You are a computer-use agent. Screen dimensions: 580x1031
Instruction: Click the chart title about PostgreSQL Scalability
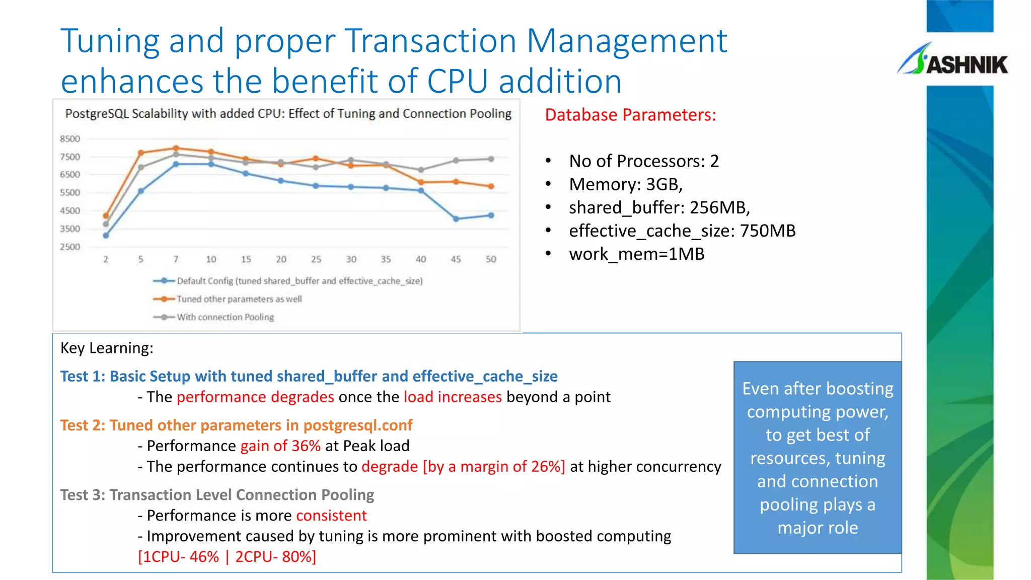click(x=288, y=114)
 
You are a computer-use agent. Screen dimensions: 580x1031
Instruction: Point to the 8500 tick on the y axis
click(x=70, y=139)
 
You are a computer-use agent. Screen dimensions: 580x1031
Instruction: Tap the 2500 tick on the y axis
click(x=70, y=247)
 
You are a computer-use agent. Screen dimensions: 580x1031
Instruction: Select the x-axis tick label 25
click(x=316, y=259)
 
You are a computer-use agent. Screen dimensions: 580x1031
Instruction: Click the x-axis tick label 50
click(x=491, y=259)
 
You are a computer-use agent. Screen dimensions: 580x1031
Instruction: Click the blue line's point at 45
click(x=456, y=219)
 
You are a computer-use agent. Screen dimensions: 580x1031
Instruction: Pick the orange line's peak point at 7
click(x=176, y=149)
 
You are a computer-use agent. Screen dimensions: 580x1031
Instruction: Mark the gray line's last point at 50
click(x=491, y=159)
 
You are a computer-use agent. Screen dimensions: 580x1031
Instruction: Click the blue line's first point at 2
click(x=106, y=235)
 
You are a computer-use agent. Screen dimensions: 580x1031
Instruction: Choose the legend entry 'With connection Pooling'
click(x=225, y=317)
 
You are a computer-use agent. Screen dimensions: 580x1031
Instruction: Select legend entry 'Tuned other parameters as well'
click(x=239, y=299)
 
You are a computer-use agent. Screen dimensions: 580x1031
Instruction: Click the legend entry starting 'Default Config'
click(x=299, y=281)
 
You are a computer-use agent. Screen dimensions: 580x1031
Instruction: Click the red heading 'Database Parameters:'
click(x=630, y=115)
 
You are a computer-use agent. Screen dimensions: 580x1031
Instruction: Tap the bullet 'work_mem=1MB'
click(x=636, y=254)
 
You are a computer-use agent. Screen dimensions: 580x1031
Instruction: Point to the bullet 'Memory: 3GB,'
click(x=625, y=184)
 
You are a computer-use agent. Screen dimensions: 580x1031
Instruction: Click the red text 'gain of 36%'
click(x=280, y=446)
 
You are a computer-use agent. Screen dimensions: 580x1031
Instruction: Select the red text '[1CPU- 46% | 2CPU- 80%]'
click(x=227, y=557)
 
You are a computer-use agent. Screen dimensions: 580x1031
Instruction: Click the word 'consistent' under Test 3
click(x=331, y=516)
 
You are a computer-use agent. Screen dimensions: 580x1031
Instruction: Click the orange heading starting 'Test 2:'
click(x=236, y=425)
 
